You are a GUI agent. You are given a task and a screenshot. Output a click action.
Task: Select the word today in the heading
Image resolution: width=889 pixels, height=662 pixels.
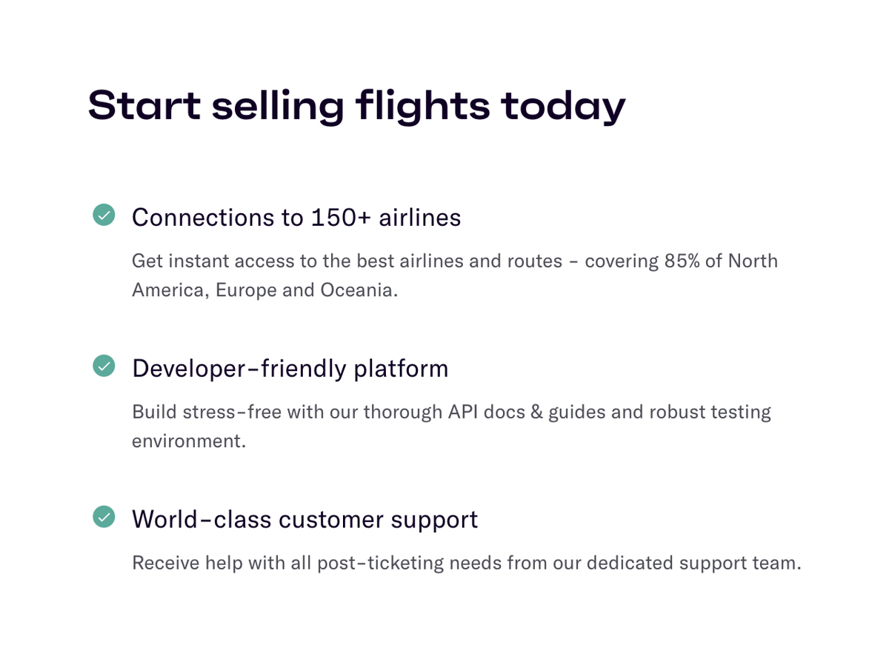563,106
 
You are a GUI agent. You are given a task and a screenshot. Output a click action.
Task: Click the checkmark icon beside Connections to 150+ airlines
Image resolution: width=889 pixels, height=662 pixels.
104,215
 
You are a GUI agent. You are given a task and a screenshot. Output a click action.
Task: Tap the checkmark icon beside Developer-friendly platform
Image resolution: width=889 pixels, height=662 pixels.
104,365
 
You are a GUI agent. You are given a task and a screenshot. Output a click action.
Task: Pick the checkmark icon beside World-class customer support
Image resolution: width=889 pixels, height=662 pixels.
104,516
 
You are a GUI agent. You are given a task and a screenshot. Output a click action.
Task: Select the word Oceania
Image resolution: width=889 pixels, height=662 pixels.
359,290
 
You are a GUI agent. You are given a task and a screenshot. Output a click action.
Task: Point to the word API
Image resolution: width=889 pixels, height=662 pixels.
462,412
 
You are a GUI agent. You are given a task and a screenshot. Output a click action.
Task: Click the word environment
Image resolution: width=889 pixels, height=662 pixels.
188,441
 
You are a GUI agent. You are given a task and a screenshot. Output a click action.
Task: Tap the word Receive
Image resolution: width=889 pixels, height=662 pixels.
165,563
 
